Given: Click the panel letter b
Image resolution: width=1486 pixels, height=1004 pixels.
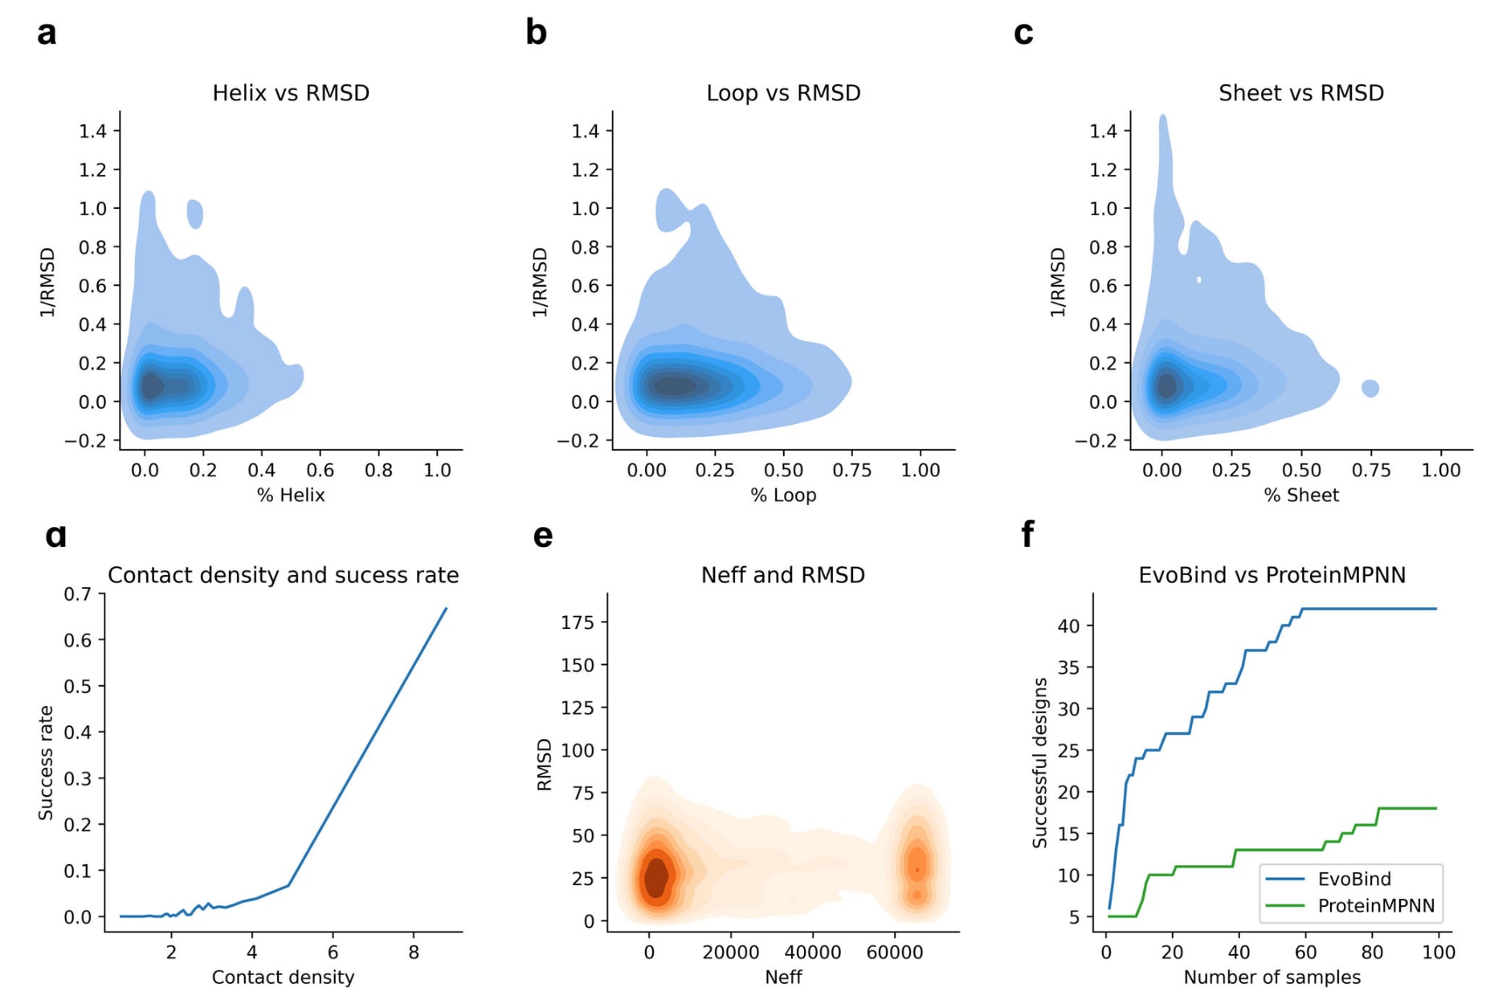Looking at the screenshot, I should (x=536, y=34).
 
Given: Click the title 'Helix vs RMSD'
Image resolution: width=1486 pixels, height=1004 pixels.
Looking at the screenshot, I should (x=291, y=93).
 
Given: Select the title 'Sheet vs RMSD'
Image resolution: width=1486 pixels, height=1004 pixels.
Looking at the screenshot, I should (x=1300, y=93).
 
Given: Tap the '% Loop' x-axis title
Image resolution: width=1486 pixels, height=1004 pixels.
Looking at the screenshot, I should (x=783, y=496).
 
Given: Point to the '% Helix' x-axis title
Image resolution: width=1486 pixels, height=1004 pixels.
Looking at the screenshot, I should (x=291, y=496).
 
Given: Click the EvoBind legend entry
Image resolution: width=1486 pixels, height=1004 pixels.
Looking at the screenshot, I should (x=1354, y=880).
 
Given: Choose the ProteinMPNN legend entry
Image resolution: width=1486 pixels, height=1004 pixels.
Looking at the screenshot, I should (x=1375, y=906).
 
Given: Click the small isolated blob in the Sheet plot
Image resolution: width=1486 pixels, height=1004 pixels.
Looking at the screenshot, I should (x=1370, y=389).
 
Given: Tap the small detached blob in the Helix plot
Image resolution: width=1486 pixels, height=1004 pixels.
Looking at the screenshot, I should (x=195, y=214).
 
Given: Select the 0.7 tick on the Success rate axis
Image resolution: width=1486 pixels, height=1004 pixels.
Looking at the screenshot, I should (x=78, y=594).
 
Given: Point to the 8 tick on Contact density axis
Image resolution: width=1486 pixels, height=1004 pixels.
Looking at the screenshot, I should (x=414, y=953).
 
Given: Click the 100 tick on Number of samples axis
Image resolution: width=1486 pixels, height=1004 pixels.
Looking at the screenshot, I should (x=1438, y=953).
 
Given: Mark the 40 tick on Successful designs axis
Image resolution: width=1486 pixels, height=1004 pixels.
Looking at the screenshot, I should (x=1068, y=626).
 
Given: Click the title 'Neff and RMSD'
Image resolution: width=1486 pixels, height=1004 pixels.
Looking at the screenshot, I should (x=783, y=575).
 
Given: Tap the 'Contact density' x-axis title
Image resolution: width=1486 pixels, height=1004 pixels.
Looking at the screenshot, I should (x=283, y=977).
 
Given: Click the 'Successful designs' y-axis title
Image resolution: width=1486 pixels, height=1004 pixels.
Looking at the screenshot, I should (x=1040, y=762).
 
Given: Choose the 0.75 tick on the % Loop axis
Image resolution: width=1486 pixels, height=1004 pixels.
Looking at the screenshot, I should (x=851, y=470).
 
